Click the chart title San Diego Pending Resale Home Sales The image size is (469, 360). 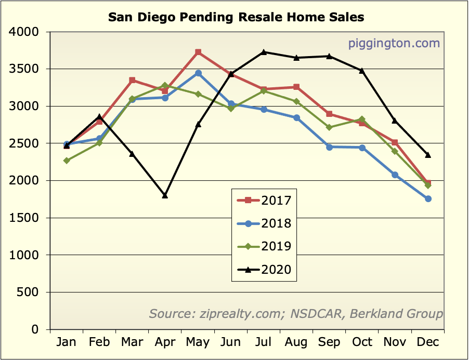236,17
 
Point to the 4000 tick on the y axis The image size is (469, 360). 24,32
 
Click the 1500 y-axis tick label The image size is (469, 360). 24,218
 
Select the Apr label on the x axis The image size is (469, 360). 165,342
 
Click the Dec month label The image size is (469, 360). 428,342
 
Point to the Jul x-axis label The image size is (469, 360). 264,342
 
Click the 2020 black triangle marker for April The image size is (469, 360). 165,195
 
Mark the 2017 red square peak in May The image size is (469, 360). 198,52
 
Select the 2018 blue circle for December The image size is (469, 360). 428,199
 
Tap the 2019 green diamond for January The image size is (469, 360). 67,161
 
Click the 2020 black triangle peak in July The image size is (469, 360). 264,52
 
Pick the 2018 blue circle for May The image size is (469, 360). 198,73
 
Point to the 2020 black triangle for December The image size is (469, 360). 428,155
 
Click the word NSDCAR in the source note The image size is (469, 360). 317,313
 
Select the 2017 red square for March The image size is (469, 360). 132,80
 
